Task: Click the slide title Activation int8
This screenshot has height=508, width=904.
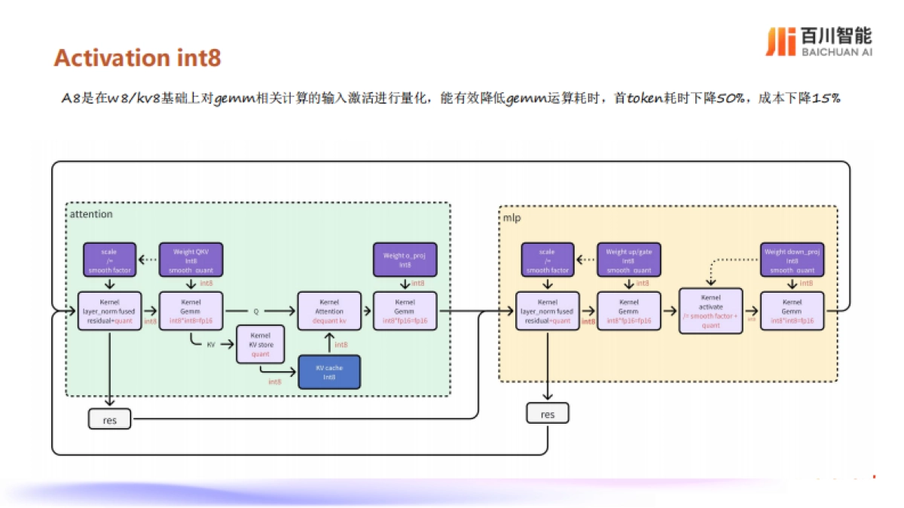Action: coord(137,58)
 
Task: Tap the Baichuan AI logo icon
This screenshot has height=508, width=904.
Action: coord(780,41)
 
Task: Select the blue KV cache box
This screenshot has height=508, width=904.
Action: coord(329,373)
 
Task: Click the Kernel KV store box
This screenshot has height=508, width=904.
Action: coord(261,344)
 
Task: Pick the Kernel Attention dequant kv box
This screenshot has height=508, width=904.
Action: coord(329,311)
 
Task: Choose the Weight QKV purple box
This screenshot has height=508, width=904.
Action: coord(191,260)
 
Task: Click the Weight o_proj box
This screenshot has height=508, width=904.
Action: coord(405,260)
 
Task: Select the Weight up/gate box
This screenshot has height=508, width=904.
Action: coord(629,260)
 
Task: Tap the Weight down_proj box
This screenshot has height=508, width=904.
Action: coord(792,260)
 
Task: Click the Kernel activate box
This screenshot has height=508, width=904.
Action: coord(710,311)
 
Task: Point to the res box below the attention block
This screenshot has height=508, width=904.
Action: coord(109,419)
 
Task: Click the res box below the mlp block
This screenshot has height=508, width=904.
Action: coord(547,413)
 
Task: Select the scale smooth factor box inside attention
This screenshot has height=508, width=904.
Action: coord(110,260)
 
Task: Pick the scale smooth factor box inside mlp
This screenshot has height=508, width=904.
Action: coord(547,260)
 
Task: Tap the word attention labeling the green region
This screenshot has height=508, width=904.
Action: coord(91,214)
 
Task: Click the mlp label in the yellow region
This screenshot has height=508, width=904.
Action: coord(512,218)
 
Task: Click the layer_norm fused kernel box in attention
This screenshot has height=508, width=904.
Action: coord(109,311)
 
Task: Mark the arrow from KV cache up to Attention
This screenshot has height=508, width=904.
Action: coord(329,343)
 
